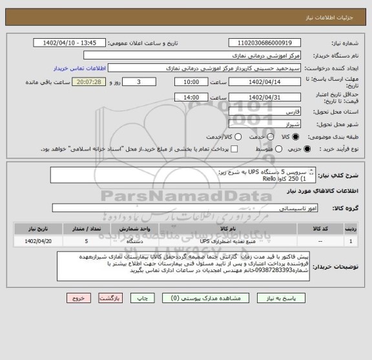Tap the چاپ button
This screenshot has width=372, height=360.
point(146,299)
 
